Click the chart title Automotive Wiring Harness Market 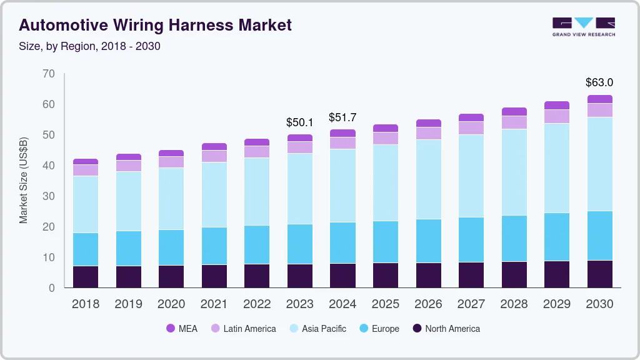[x=155, y=25]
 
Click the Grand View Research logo [x=583, y=26]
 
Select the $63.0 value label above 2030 [x=599, y=82]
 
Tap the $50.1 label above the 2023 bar [x=299, y=122]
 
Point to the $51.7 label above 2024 [x=342, y=117]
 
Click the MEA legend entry [x=182, y=328]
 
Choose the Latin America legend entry [x=243, y=328]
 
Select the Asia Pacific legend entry [x=317, y=328]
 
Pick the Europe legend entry [x=379, y=328]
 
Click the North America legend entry [x=446, y=328]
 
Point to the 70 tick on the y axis [x=49, y=74]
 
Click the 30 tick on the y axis [x=49, y=196]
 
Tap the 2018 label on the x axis [x=85, y=304]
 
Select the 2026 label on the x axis [x=428, y=304]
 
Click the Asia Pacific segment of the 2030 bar [x=599, y=164]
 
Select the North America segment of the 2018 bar [x=85, y=277]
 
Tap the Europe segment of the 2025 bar [x=386, y=242]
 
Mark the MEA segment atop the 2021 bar [x=214, y=147]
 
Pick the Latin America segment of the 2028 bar [x=514, y=122]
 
